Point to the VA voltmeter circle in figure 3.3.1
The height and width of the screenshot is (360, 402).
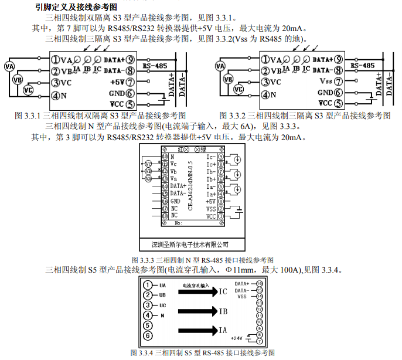pos(9,66)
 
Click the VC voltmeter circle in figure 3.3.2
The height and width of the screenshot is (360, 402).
pos(237,90)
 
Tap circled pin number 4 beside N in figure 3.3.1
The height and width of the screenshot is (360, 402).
pos(54,95)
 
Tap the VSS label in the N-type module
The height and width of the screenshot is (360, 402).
pos(211,209)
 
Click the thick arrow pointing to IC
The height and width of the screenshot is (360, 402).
pos(196,291)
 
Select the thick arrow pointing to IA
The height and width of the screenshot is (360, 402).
pos(196,331)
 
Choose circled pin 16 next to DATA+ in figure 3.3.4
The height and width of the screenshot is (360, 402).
pos(259,283)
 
